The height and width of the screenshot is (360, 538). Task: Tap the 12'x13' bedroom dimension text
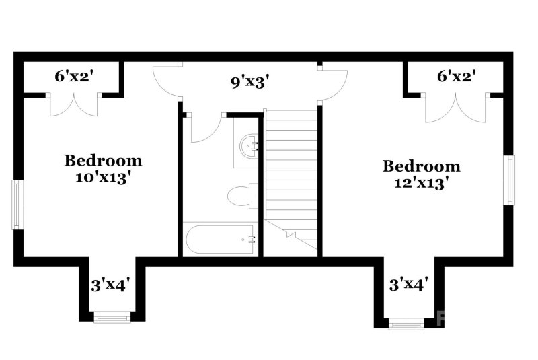pyautogui.click(x=422, y=183)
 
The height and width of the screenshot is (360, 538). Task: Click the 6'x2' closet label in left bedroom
pyautogui.click(x=73, y=76)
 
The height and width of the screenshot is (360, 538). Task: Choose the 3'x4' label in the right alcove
pyautogui.click(x=408, y=285)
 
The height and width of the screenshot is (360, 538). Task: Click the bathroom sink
pyautogui.click(x=250, y=145)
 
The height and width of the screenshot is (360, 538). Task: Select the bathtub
pyautogui.click(x=220, y=239)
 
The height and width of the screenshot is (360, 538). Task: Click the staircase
pyautogui.click(x=291, y=178)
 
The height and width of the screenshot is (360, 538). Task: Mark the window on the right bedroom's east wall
pyautogui.click(x=510, y=180)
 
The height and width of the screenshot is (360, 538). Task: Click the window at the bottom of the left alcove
pyautogui.click(x=111, y=316)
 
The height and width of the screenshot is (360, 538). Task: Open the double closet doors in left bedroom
pyautogui.click(x=74, y=105)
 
